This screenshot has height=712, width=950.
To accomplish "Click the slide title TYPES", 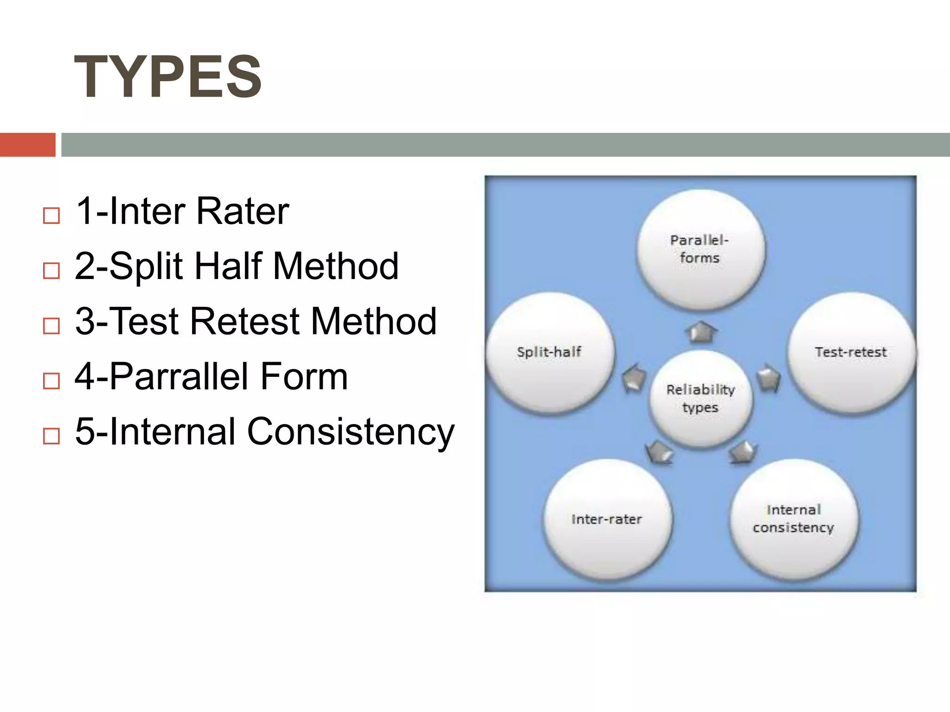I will coord(168,77).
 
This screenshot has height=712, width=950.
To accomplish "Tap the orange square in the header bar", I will coord(27,145).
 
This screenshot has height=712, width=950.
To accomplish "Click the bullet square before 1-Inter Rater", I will coord(51,216).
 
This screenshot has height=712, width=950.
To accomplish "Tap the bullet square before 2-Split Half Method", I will coord(51,271).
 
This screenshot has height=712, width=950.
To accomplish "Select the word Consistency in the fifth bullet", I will coord(351,432).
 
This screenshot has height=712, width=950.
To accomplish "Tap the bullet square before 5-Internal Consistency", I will coord(51,436).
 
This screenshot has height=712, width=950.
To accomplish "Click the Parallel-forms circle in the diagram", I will coord(700,249).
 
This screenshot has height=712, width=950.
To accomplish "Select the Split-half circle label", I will coord(549,352).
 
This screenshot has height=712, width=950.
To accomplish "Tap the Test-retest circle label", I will coord(851,352).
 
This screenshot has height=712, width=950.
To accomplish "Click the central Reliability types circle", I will coord(700,399).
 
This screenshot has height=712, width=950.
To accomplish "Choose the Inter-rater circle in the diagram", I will coord(607,519).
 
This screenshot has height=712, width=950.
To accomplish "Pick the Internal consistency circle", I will coord(794,519).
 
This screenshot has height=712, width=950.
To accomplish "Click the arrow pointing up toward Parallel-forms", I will coord(701,332).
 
